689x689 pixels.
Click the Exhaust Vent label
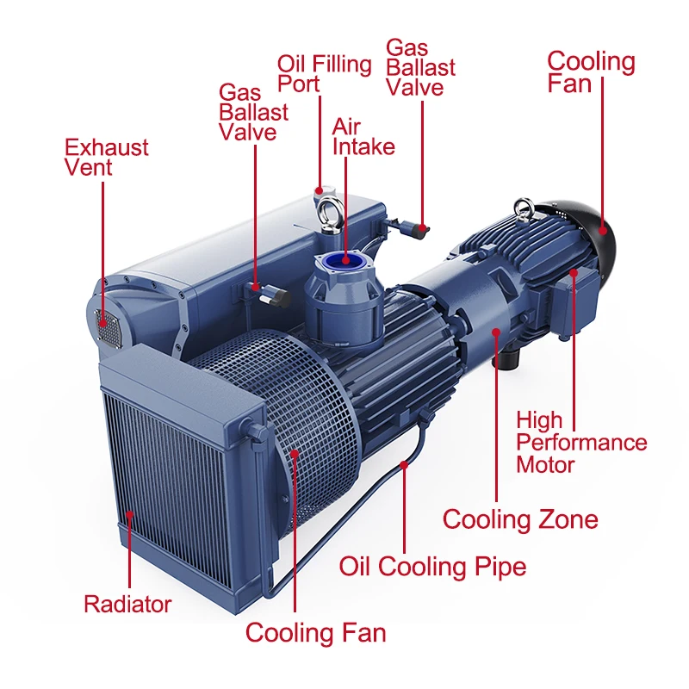[106, 158]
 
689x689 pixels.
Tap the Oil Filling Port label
[325, 73]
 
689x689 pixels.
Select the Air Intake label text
[363, 137]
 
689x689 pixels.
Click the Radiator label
[127, 604]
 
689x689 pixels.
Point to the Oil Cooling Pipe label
[432, 566]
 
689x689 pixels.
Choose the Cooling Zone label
[520, 519]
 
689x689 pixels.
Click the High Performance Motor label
[581, 442]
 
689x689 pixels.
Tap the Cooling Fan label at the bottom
[315, 633]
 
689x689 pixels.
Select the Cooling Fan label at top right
[591, 71]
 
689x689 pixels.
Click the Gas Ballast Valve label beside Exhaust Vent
[253, 112]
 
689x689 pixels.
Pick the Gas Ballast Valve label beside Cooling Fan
[420, 67]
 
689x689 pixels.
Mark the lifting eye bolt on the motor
[525, 209]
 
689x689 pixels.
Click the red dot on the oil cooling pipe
[404, 464]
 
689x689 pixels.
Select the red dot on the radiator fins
[130, 514]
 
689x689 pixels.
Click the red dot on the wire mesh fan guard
[294, 454]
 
